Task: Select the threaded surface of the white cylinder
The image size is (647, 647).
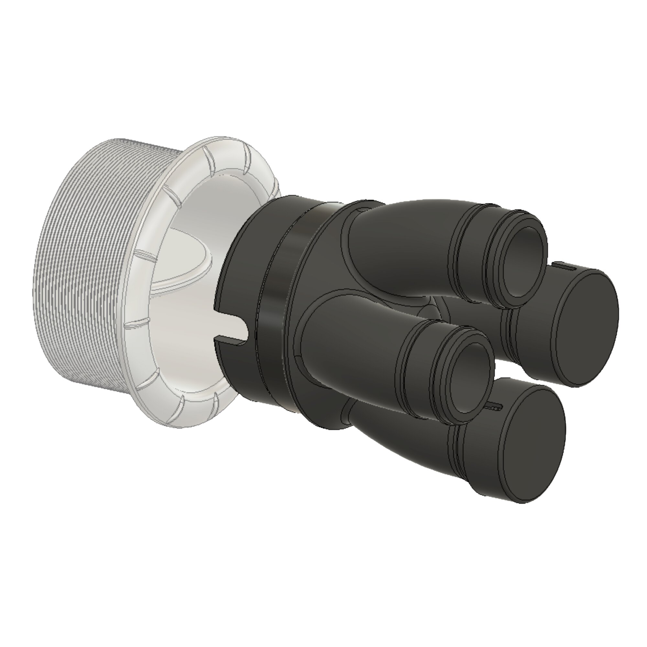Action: point(84,268)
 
